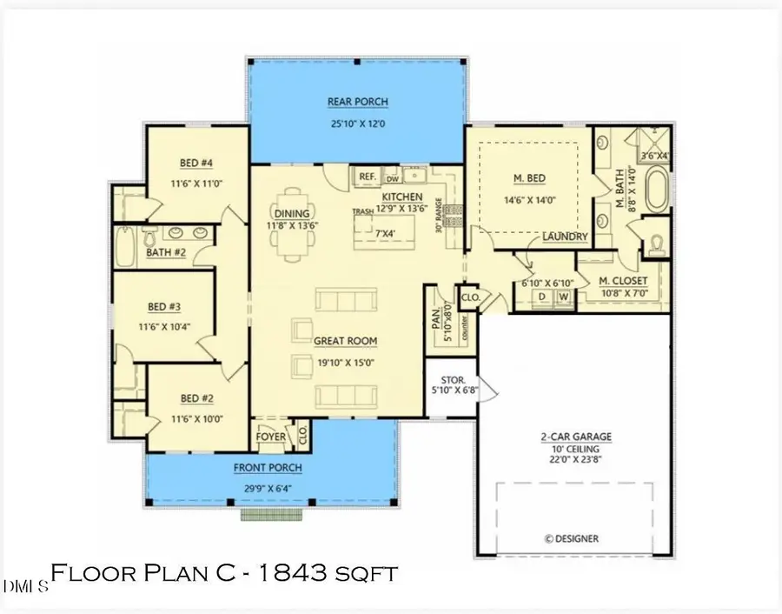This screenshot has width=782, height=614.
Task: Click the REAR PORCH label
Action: [x=356, y=100]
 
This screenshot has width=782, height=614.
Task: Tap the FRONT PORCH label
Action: [x=268, y=468]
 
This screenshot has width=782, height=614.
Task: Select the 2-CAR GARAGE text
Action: [x=574, y=437]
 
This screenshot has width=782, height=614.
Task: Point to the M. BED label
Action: [x=529, y=179]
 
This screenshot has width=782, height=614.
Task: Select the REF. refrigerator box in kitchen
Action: [x=368, y=177]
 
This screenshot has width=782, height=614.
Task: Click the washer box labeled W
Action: [x=563, y=297]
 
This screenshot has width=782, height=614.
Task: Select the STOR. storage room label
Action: [x=449, y=380]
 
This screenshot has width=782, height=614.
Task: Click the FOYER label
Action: [x=271, y=437]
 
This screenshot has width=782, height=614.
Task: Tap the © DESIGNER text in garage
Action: [x=571, y=538]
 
